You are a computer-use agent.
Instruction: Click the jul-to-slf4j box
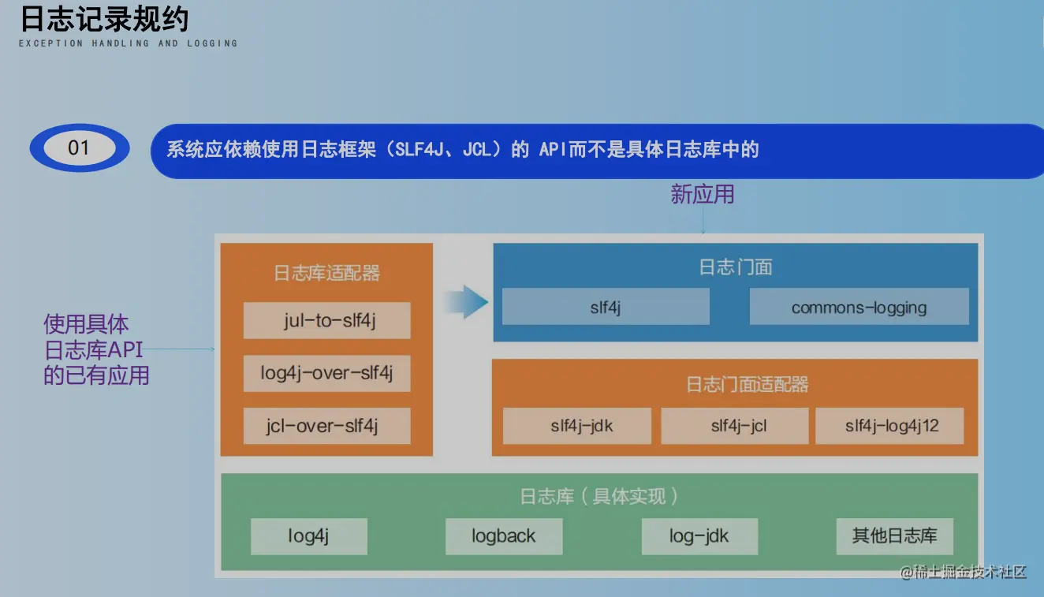[x=326, y=321]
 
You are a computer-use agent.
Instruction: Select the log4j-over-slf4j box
[x=326, y=373]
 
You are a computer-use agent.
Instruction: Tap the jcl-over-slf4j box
[x=326, y=426]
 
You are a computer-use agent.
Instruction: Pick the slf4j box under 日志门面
[x=606, y=307]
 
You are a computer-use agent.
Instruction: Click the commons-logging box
[x=859, y=307]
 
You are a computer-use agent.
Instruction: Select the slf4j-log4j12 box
[x=892, y=426]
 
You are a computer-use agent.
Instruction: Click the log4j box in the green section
[x=308, y=536]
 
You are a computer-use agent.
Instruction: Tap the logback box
[x=504, y=536]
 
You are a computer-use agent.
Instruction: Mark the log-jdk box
[x=699, y=536]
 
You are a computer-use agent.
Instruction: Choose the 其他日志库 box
[x=894, y=536]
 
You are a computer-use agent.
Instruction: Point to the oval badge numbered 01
[x=80, y=147]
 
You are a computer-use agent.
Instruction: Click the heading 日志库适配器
[x=326, y=273]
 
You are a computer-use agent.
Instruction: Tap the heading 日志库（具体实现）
[x=599, y=496]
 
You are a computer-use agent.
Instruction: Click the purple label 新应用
[x=702, y=194]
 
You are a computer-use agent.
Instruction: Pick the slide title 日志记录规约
[x=104, y=20]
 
